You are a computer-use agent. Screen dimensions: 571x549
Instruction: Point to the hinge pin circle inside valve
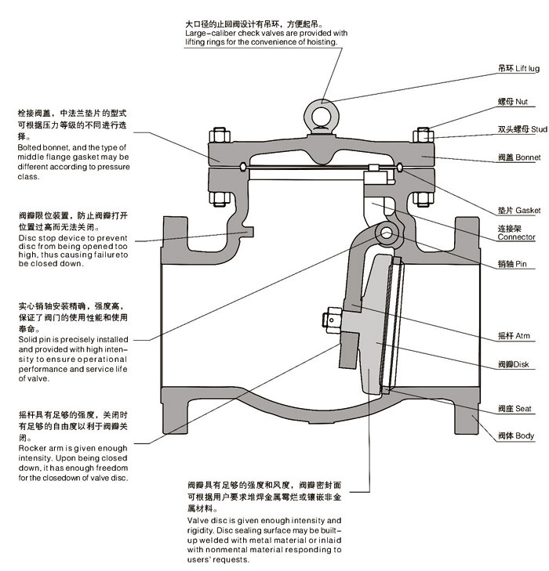(x=386, y=233)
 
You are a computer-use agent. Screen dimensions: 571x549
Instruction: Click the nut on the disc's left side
(x=329, y=318)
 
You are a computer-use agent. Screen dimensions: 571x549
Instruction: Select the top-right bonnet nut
(x=423, y=136)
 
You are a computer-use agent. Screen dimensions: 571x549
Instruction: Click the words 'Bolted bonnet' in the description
(x=43, y=147)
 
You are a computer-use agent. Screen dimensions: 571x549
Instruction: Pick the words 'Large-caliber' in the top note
(x=211, y=34)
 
